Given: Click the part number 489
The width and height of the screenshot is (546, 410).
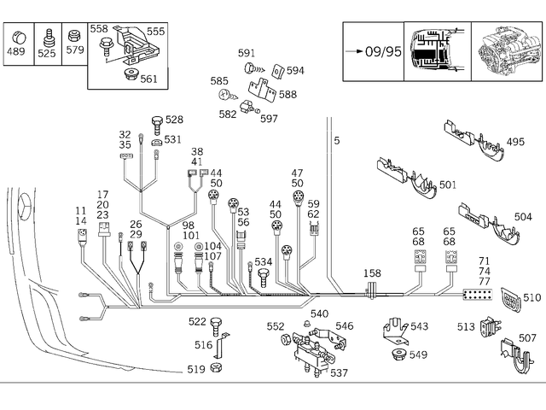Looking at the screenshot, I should (17, 52).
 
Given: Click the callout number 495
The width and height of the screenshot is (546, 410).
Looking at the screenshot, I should (515, 142).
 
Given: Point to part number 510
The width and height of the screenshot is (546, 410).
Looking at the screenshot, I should (531, 298).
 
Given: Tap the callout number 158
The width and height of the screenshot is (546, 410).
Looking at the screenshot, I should (372, 274).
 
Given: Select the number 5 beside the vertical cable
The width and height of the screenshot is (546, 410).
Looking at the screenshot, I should (336, 140).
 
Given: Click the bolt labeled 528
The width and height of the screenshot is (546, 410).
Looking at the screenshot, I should (156, 123).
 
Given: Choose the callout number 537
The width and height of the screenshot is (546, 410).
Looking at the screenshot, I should (339, 373).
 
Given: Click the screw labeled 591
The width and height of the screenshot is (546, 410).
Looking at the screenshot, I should (248, 67).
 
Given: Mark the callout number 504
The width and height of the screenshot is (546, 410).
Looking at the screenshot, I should (523, 218).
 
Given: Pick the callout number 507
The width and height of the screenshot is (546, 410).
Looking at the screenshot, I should (528, 338).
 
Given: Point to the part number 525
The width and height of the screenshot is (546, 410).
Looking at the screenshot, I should (46, 52).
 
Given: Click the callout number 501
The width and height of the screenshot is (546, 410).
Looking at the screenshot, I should (447, 184).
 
